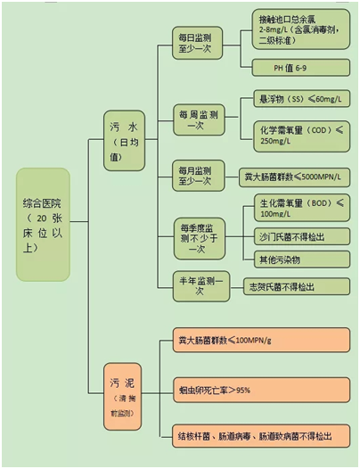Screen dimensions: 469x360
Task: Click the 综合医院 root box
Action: (x=43, y=224)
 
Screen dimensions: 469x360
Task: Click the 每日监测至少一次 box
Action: (x=196, y=43)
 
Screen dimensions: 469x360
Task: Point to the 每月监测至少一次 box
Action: (x=196, y=176)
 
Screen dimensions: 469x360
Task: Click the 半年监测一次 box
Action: (x=196, y=285)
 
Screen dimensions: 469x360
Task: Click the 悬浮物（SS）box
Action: (x=299, y=99)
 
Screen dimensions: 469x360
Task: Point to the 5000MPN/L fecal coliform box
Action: (x=292, y=176)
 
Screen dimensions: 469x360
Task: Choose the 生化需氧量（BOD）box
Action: (x=299, y=209)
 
